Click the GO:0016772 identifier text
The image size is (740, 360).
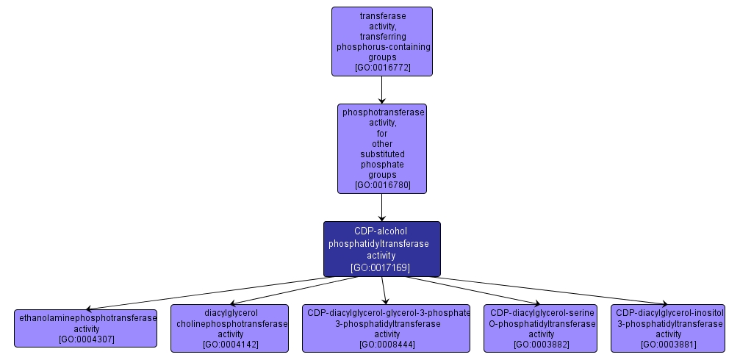pyautogui.click(x=382, y=67)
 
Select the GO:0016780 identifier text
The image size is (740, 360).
pyautogui.click(x=382, y=185)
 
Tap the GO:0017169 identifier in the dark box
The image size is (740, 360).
pyautogui.click(x=381, y=267)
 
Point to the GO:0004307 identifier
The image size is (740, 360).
pyautogui.click(x=87, y=339)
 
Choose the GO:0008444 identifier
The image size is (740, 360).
pyautogui.click(x=387, y=344)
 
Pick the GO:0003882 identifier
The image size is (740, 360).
pyautogui.click(x=542, y=344)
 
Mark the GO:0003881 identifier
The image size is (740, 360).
pyautogui.click(x=668, y=344)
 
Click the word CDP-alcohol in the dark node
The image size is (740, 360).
pyautogui.click(x=381, y=231)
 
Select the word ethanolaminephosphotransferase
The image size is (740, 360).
pyautogui.click(x=88, y=318)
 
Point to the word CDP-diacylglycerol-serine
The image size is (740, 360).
pyautogui.click(x=542, y=313)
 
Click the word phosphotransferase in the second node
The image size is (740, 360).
pyautogui.click(x=382, y=112)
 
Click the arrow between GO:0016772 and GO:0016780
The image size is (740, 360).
pyautogui.click(x=382, y=90)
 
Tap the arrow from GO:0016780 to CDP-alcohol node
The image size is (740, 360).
pyautogui.click(x=382, y=207)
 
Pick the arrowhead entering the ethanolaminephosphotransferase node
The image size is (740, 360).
pyautogui.click(x=89, y=309)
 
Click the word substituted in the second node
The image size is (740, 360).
pyautogui.click(x=382, y=154)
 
